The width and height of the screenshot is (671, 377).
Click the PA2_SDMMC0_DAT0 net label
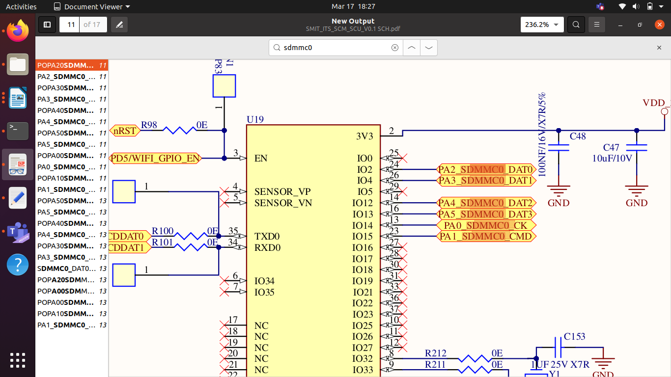point(486,169)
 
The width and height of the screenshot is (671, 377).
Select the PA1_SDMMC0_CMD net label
point(486,237)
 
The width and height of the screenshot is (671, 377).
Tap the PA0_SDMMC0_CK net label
point(486,225)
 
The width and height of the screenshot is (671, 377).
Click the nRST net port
point(125,131)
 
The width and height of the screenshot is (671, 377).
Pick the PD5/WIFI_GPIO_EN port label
point(155,158)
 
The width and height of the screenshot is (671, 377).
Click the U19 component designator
point(255,119)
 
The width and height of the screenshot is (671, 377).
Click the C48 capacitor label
point(578,136)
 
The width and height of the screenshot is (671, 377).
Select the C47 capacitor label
point(611,148)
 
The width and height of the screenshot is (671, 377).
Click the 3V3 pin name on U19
point(364,136)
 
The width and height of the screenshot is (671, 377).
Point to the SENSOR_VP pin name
point(282,191)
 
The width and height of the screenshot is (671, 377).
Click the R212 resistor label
point(436,353)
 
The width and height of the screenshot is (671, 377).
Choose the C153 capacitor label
point(575,336)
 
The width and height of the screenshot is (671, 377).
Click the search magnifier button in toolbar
point(576,25)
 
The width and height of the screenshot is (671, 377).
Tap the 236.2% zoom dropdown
point(542,25)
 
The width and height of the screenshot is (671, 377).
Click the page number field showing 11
point(71,25)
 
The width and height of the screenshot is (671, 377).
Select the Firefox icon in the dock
point(18,31)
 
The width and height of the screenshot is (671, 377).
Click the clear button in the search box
point(394,48)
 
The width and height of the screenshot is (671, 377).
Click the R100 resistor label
point(163,231)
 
